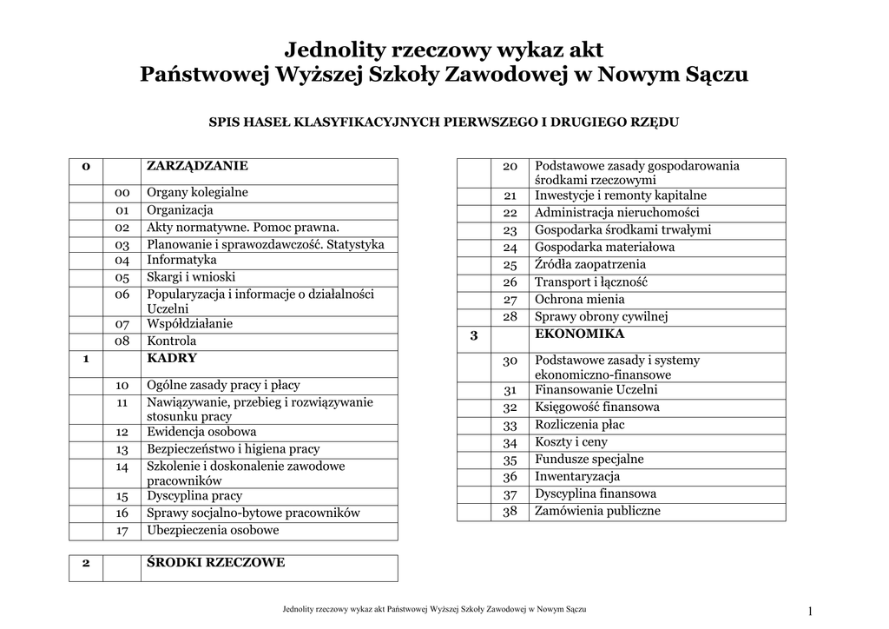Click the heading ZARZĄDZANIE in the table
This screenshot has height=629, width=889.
[197, 165]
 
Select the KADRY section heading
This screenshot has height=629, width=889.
[172, 358]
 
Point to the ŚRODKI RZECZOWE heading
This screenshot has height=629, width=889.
[215, 562]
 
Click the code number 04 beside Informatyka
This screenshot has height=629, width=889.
[122, 260]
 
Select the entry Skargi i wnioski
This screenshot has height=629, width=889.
[191, 277]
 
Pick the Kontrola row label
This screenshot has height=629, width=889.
[172, 341]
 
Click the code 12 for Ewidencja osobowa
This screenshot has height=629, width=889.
[122, 432]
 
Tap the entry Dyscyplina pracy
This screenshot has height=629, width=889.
[194, 496]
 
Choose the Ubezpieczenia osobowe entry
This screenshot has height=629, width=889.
[213, 530]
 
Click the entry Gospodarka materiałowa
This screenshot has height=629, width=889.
[604, 247]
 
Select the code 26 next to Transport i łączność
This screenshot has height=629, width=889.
[510, 281]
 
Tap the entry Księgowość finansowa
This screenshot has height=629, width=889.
[596, 407]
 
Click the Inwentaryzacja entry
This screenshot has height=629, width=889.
[577, 476]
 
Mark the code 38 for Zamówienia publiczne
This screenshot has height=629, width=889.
[510, 511]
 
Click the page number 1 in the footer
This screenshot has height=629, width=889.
[810, 612]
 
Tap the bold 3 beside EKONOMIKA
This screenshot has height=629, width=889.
[474, 334]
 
